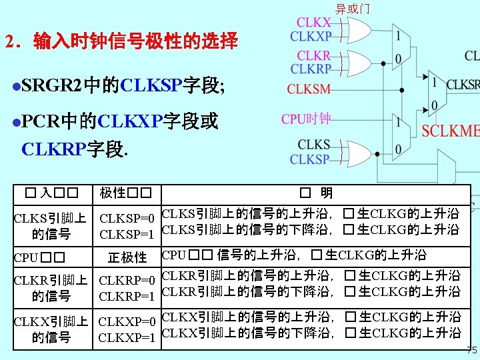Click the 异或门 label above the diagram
point(352,9)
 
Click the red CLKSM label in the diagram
point(309,88)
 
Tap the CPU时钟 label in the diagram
point(306,119)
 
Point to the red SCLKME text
point(451,131)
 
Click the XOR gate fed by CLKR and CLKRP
point(357,62)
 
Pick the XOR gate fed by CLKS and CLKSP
point(357,152)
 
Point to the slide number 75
point(471,351)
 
